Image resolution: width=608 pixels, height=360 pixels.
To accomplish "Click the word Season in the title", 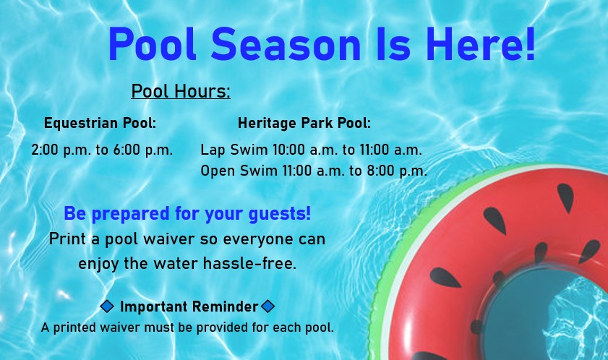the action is pyautogui.click(x=286, y=44).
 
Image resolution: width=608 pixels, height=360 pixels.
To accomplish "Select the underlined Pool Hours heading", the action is pyautogui.click(x=181, y=91).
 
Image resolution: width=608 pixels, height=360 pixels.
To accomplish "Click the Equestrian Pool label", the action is pyautogui.click(x=100, y=123).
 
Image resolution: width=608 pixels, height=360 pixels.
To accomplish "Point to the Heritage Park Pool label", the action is pyautogui.click(x=304, y=123).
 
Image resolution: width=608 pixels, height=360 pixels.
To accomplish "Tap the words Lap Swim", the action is pyautogui.click(x=234, y=150).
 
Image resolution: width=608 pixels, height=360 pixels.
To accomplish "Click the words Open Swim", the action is pyautogui.click(x=239, y=171).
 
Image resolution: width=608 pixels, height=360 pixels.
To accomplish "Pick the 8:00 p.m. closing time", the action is pyautogui.click(x=397, y=171).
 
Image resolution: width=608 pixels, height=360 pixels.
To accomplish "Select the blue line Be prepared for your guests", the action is pyautogui.click(x=187, y=213).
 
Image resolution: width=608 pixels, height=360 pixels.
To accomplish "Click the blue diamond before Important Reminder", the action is pyautogui.click(x=107, y=306).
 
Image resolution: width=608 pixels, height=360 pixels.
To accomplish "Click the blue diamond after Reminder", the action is pyautogui.click(x=267, y=306).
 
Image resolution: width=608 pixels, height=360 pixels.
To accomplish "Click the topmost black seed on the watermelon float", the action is pyautogui.click(x=566, y=197).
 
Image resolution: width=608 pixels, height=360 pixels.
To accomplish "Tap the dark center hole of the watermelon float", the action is pyautogui.click(x=543, y=314).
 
